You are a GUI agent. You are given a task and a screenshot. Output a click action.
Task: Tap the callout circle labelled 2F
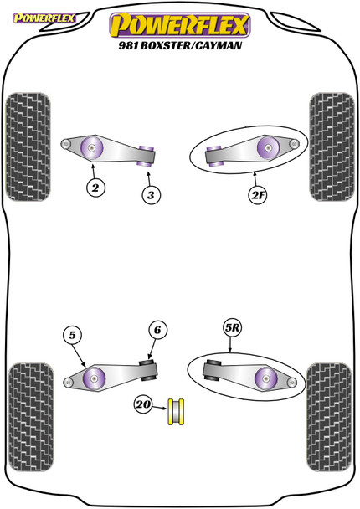click(x=257, y=195)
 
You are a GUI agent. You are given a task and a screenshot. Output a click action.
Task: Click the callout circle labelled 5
click(x=74, y=337)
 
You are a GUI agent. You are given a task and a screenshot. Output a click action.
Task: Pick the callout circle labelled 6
click(x=156, y=331)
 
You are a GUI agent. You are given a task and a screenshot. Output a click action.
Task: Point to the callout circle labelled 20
click(x=144, y=406)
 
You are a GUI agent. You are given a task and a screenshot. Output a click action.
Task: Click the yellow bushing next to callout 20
click(x=177, y=410)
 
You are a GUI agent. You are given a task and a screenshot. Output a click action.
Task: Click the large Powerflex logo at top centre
click(x=179, y=23)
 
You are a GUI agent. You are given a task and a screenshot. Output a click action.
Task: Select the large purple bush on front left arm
click(x=90, y=149)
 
